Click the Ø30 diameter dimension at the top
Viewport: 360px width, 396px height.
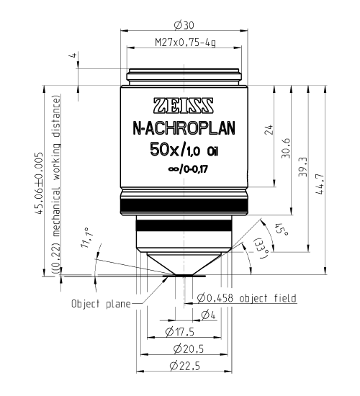pyautogui.click(x=184, y=25)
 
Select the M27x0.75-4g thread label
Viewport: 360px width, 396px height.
pyautogui.click(x=186, y=42)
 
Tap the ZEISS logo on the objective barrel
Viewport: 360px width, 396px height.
pyautogui.click(x=184, y=105)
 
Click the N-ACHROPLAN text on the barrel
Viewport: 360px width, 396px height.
pyautogui.click(x=184, y=128)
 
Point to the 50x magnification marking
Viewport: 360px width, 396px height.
pyautogui.click(x=165, y=150)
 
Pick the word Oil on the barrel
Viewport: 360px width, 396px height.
pyautogui.click(x=212, y=151)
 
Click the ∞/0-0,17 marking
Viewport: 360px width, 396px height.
pyautogui.click(x=188, y=169)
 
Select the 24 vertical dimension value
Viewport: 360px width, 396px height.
pyautogui.click(x=270, y=130)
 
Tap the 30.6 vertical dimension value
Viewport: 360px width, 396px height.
pyautogui.click(x=286, y=148)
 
